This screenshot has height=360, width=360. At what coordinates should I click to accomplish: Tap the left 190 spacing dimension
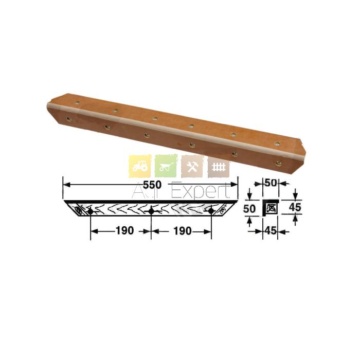tap(124, 231)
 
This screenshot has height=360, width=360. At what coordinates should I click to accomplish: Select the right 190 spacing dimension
tap(182, 231)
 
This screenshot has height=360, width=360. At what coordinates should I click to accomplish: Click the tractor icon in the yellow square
tap(140, 166)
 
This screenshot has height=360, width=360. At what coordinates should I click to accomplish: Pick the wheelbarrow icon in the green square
tap(166, 166)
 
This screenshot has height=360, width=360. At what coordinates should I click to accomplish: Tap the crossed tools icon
tap(192, 166)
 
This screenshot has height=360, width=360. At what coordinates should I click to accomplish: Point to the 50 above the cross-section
tap(271, 183)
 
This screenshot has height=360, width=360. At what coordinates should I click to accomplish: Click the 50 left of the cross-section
tap(249, 209)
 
